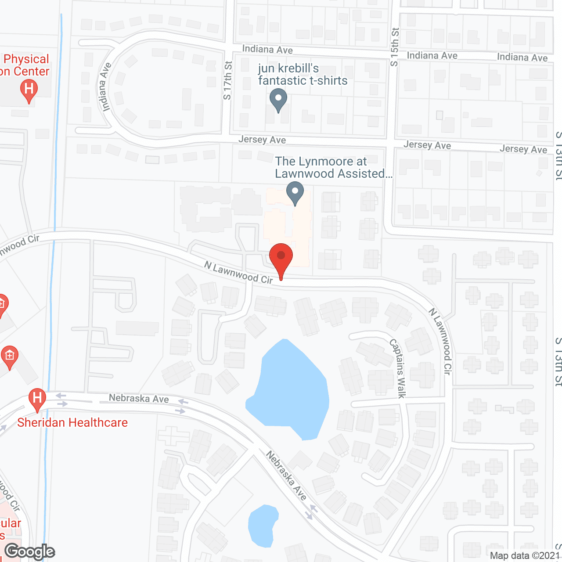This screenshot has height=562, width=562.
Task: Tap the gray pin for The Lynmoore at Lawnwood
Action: pyautogui.click(x=295, y=192)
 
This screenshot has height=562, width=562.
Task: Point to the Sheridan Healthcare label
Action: pyautogui.click(x=72, y=423)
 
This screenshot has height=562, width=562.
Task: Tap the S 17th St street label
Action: pyautogui.click(x=227, y=80)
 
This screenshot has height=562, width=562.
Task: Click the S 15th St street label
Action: pyautogui.click(x=395, y=47)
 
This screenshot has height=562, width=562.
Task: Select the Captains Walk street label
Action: pyautogui.click(x=398, y=369)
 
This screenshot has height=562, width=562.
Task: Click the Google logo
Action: pyautogui.click(x=30, y=551)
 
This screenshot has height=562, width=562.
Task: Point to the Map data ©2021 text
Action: pyautogui.click(x=525, y=556)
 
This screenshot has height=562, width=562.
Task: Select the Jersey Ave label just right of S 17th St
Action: pyautogui.click(x=262, y=140)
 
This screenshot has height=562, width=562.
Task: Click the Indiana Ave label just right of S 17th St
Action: pyautogui.click(x=267, y=49)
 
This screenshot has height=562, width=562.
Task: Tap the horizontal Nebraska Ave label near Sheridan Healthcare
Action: pyautogui.click(x=139, y=399)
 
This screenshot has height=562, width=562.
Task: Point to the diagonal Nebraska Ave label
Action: pyautogui.click(x=286, y=476)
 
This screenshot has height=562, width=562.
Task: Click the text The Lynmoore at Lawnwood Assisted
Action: pyautogui.click(x=333, y=168)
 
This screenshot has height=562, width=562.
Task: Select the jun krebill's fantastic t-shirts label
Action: pyautogui.click(x=303, y=75)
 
